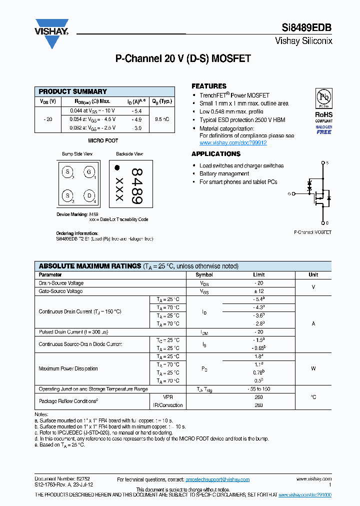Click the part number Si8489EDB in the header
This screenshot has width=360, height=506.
tap(309, 28)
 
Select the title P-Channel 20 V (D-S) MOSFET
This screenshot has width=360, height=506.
tap(183, 58)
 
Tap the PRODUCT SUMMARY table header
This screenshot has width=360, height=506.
tap(73, 91)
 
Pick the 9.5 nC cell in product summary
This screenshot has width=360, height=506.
tap(161, 119)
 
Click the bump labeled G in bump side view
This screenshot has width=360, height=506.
tap(89, 172)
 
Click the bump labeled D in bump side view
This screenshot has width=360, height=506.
tap(89, 195)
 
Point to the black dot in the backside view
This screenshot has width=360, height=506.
tap(117, 168)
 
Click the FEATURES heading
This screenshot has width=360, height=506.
tap(209, 86)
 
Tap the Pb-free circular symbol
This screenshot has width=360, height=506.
tap(323, 97)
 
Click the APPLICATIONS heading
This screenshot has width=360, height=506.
tap(216, 154)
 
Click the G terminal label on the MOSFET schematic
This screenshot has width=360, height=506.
tap(289, 193)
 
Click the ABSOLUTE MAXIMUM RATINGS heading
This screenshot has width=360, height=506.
tap(90, 266)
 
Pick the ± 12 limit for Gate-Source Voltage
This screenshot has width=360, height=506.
tap(258, 291)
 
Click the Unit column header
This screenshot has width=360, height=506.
tap(313, 274)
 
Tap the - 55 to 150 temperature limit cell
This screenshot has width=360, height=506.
tap(258, 389)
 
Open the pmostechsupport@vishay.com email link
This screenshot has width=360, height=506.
tap(217, 479)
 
